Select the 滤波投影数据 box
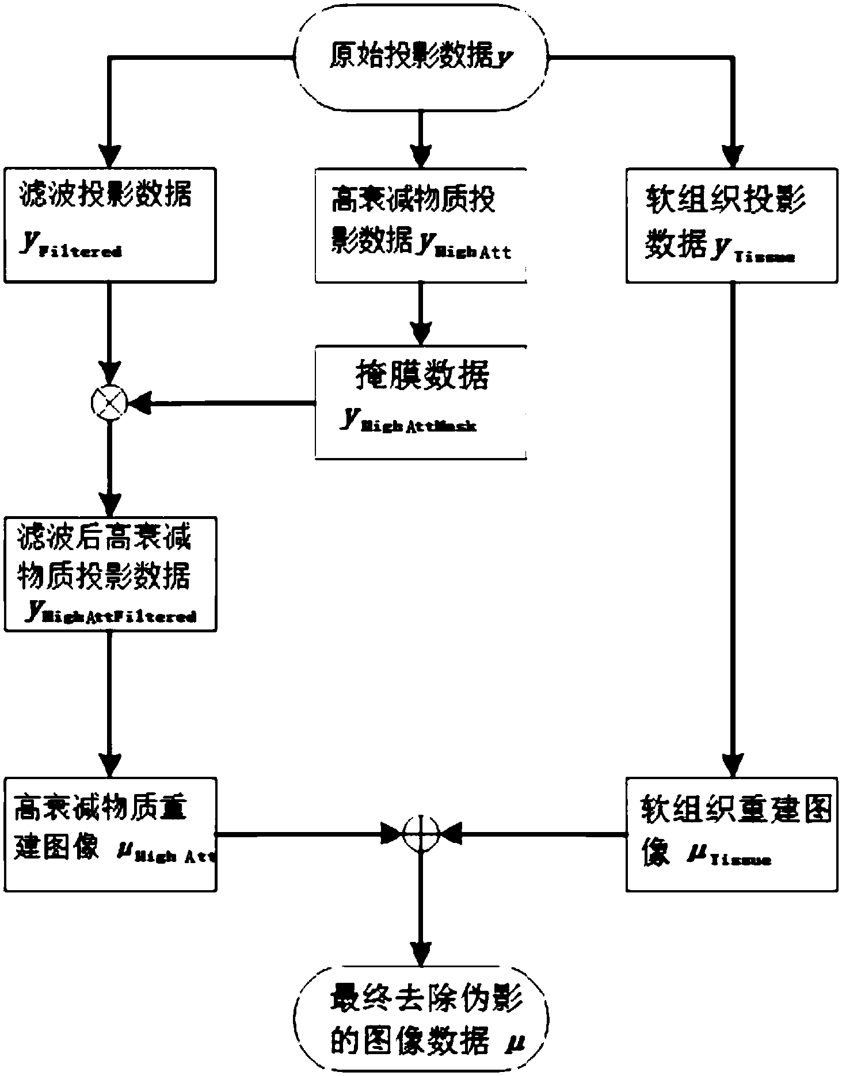[109, 224]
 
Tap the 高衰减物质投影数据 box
[421, 224]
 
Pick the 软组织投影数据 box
[731, 224]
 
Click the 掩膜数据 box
[421, 401]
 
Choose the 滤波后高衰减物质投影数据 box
[109, 574]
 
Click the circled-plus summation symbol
[421, 833]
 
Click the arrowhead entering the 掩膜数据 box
[421, 333]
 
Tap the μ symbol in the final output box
[510, 1041]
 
